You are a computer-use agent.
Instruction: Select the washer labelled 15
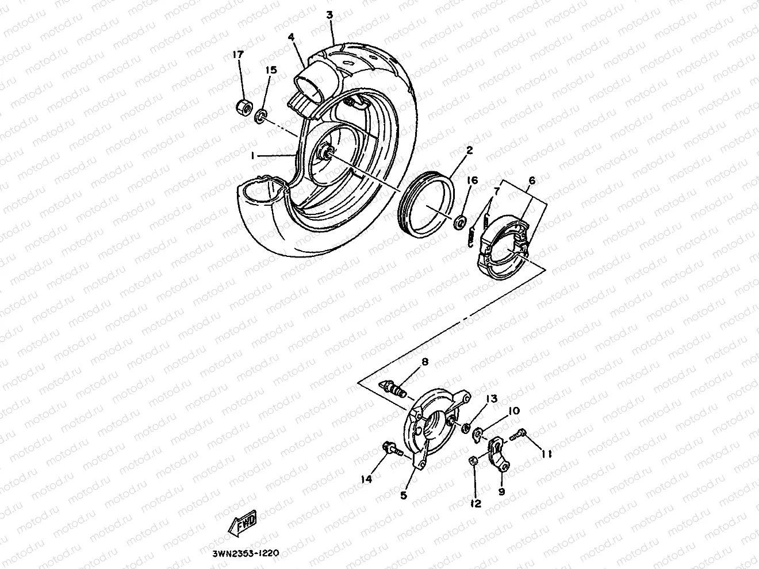coord(260,116)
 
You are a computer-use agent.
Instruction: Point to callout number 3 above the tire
coord(329,14)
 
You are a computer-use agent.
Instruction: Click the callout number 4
coord(292,37)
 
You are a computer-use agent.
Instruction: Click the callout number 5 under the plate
coord(403,494)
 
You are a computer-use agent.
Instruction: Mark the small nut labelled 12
coord(472,461)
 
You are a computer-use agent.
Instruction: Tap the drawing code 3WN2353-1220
coord(241,553)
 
